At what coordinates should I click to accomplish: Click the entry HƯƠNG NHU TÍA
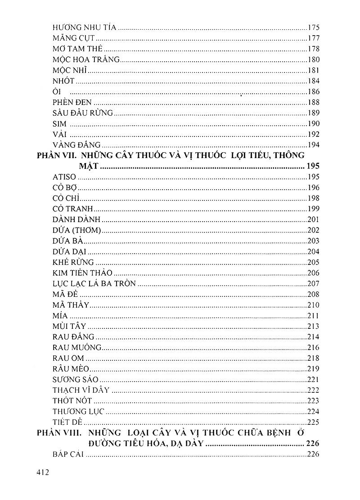click(85, 27)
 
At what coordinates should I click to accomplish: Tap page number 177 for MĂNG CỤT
click(313, 38)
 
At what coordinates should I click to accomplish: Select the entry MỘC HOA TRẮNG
click(86, 59)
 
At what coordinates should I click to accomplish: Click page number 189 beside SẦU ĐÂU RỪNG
click(313, 113)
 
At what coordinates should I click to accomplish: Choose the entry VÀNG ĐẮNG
click(76, 145)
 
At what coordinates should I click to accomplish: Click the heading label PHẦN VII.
click(58, 156)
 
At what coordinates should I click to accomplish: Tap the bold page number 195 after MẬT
click(312, 167)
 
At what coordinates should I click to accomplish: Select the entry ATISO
click(64, 177)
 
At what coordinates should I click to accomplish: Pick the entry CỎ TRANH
click(72, 209)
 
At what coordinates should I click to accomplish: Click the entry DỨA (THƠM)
click(76, 230)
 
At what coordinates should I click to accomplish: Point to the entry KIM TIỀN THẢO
click(82, 273)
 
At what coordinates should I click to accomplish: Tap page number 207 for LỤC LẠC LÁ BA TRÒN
click(313, 284)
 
